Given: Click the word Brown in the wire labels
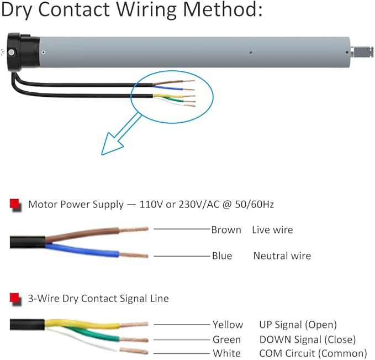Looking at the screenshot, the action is click(226, 229).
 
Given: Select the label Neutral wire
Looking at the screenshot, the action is click(282, 256).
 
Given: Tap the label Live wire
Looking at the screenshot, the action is click(272, 229).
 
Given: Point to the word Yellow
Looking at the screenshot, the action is click(228, 325).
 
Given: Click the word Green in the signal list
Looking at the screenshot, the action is click(226, 340).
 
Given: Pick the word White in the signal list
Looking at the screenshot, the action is click(227, 353).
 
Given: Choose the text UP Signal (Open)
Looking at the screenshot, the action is click(298, 325).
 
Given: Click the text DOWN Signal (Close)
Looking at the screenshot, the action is click(308, 340).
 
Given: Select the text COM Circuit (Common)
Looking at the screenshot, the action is click(313, 353).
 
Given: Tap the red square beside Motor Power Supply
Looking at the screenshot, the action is click(15, 204).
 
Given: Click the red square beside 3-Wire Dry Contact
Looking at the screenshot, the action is click(15, 298).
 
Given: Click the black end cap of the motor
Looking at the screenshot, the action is click(23, 52).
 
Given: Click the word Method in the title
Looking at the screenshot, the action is click(223, 9).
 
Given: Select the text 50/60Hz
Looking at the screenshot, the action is click(254, 204).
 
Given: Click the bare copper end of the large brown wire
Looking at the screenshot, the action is click(134, 229).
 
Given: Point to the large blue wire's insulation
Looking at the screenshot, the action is click(82, 250).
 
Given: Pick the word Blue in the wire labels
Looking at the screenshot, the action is click(222, 256).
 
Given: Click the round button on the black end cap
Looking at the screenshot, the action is click(11, 53).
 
